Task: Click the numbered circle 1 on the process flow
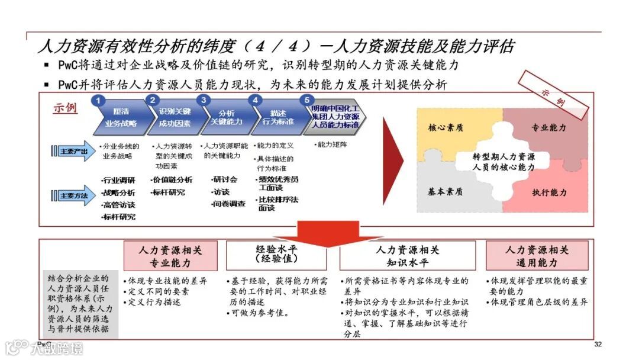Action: [x=100, y=101]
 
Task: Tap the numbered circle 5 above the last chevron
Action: [x=305, y=101]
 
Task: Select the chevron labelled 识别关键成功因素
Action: [x=175, y=118]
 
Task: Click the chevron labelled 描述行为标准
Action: [x=277, y=117]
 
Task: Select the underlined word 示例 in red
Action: [x=65, y=109]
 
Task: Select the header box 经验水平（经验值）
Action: [x=276, y=255]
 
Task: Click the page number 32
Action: [x=598, y=345]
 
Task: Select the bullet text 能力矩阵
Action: [x=331, y=144]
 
